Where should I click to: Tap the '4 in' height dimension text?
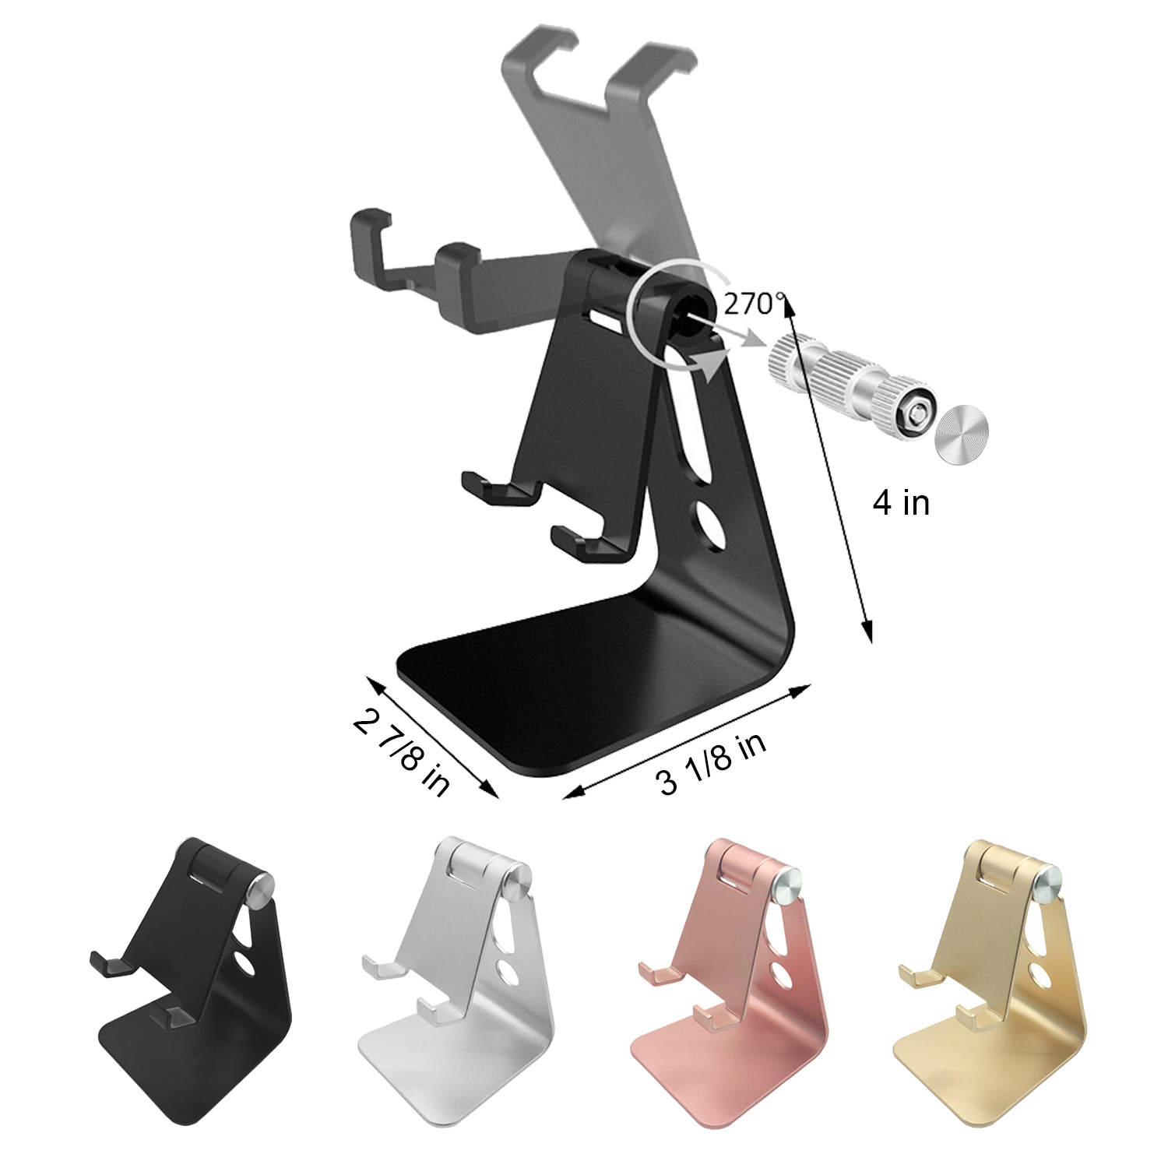[x=901, y=503]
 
